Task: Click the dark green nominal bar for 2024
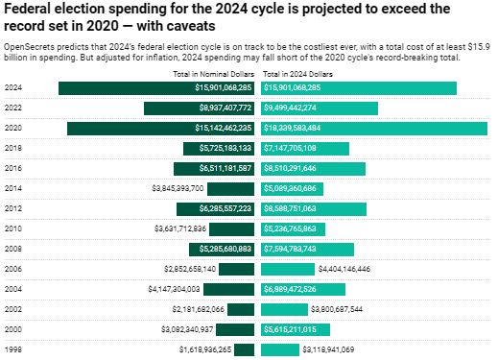coord(156,88)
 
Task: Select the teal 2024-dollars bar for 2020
coord(374,129)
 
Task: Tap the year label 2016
coord(13,168)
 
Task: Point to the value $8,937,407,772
coord(225,108)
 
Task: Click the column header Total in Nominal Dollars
coord(214,74)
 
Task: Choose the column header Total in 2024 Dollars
coord(297,74)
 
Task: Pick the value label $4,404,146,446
coord(344,269)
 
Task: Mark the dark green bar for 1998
coord(244,349)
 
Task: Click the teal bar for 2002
coord(284,309)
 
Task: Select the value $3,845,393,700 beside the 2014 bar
coord(178,188)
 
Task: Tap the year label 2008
coord(13,249)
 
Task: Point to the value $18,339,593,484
coord(293,128)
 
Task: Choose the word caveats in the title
coord(195,26)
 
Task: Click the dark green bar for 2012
coord(215,209)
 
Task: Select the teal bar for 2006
coord(288,269)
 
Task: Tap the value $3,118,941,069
coord(328,349)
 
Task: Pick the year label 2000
coord(13,329)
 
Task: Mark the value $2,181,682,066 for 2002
coord(199,309)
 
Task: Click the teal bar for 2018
coord(305,149)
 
